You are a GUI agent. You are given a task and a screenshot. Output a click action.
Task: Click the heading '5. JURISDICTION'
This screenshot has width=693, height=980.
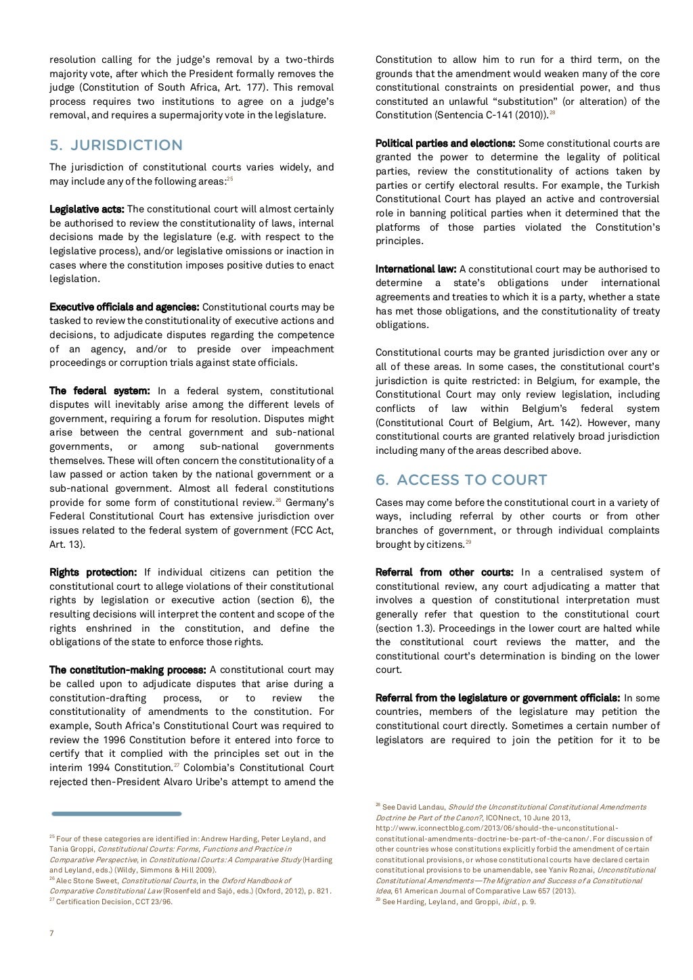[116, 145]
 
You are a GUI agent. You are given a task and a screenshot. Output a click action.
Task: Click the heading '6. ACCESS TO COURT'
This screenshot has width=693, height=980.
[462, 480]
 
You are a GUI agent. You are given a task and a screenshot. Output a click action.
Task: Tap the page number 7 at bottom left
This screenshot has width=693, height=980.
[51, 933]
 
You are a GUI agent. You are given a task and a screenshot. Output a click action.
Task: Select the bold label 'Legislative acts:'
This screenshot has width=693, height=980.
[87, 209]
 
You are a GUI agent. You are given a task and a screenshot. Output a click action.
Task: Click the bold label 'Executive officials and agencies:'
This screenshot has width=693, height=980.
[124, 307]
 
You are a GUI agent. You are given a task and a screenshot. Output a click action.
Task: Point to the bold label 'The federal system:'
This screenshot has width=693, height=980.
[99, 391]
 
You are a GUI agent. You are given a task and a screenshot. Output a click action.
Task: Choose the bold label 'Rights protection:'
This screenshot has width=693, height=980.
[93, 572]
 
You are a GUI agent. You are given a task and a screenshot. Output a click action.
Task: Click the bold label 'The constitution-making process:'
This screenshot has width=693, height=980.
[127, 670]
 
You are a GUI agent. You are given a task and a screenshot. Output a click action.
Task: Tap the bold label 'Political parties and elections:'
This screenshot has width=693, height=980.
[445, 143]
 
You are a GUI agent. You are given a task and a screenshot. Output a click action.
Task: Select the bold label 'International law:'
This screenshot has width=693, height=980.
[416, 269]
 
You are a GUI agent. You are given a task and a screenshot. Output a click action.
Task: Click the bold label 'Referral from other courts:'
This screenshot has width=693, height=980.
[444, 572]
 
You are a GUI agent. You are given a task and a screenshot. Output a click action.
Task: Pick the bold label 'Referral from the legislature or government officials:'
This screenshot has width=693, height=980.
[497, 698]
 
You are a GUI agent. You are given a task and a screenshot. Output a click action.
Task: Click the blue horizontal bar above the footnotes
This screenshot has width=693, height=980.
[116, 814]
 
